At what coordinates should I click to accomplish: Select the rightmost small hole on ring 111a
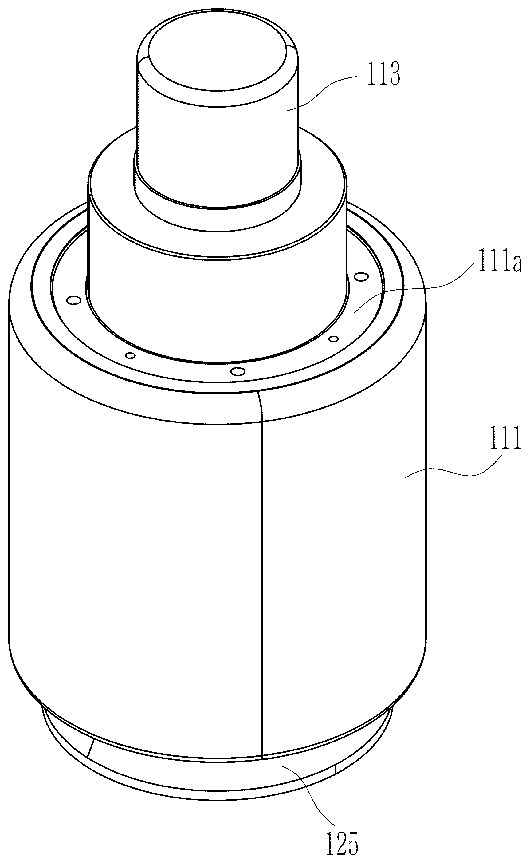361,277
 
